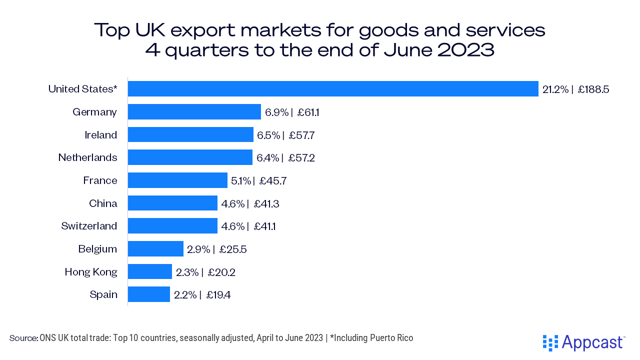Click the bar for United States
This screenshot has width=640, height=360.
(x=333, y=89)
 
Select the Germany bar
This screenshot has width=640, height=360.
(x=194, y=112)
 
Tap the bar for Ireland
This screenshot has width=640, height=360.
(x=190, y=135)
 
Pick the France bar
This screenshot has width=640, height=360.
(x=177, y=180)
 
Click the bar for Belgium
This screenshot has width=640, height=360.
(x=155, y=249)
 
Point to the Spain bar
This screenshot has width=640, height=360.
(x=149, y=294)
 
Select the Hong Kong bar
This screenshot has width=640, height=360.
(x=150, y=271)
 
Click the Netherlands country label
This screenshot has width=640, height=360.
(x=88, y=157)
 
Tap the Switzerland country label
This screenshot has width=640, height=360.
(x=89, y=226)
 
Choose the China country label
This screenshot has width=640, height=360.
(x=103, y=203)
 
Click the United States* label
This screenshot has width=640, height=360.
(x=83, y=89)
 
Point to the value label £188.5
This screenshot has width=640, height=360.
(x=593, y=89)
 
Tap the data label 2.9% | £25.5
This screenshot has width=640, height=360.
(x=217, y=249)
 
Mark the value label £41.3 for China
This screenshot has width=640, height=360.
(x=265, y=203)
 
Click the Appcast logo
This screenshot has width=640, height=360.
(x=583, y=342)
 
